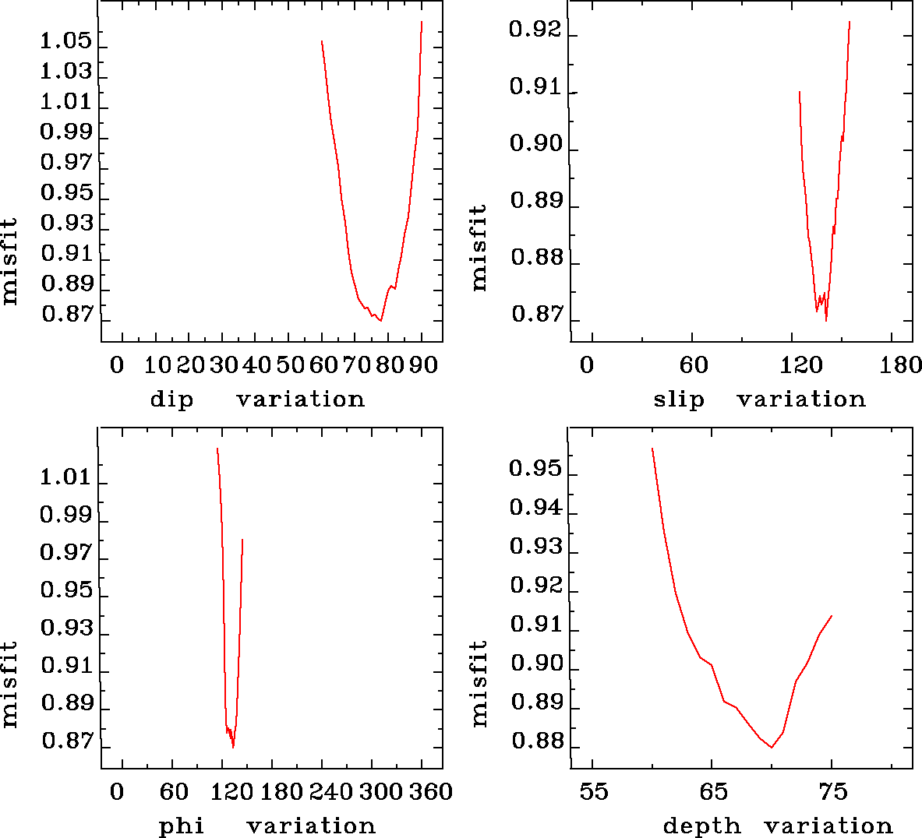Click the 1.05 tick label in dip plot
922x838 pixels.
tap(65, 41)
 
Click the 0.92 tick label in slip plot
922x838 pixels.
tap(535, 30)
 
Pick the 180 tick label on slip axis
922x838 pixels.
tap(900, 365)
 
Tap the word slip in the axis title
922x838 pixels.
tap(678, 400)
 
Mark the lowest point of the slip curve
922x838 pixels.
tap(826, 320)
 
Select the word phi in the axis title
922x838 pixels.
tap(182, 826)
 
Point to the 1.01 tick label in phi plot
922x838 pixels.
tap(65, 477)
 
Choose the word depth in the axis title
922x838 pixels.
tap(701, 826)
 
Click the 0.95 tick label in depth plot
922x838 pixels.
tap(535, 469)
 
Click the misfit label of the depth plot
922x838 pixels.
tap(479, 684)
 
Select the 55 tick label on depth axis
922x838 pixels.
tap(593, 792)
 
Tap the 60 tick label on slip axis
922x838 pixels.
tap(693, 365)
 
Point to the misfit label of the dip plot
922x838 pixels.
tap(9, 261)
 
